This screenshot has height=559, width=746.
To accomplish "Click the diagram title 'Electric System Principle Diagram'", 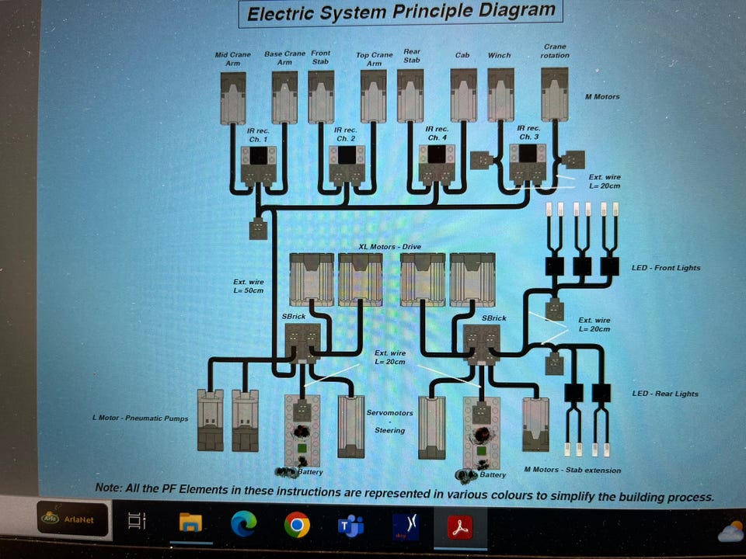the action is [401, 12].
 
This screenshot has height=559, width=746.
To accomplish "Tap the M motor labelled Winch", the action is [500, 95].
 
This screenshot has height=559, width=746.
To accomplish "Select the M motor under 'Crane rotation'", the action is [555, 94].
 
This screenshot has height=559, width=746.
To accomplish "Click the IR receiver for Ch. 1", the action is [258, 165].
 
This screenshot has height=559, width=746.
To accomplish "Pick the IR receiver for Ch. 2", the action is [347, 165].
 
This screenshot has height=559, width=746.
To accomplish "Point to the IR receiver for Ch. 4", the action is [437, 165].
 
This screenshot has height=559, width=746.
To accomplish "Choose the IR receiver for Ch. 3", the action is [527, 164].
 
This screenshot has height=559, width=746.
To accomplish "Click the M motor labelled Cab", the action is [463, 95].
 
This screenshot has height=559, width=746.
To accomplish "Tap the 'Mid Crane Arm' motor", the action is [233, 99].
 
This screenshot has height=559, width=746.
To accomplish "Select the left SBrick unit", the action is [302, 343].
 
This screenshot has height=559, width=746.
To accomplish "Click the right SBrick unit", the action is [482, 345].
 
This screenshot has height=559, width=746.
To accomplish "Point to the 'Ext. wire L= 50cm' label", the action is [249, 286].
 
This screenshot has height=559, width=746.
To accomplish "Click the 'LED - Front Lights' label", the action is [666, 268].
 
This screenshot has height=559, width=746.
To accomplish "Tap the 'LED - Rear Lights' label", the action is [665, 394].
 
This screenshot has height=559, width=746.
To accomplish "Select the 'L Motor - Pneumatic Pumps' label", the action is [141, 418].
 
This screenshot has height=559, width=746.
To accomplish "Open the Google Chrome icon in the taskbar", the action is [297, 525].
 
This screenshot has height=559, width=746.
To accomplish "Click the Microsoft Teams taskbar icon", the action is [350, 526].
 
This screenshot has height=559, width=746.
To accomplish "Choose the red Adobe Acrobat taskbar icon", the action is [460, 527].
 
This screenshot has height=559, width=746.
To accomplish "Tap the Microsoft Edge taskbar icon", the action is [243, 524].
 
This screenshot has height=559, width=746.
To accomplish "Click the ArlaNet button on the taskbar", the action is [73, 519].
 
